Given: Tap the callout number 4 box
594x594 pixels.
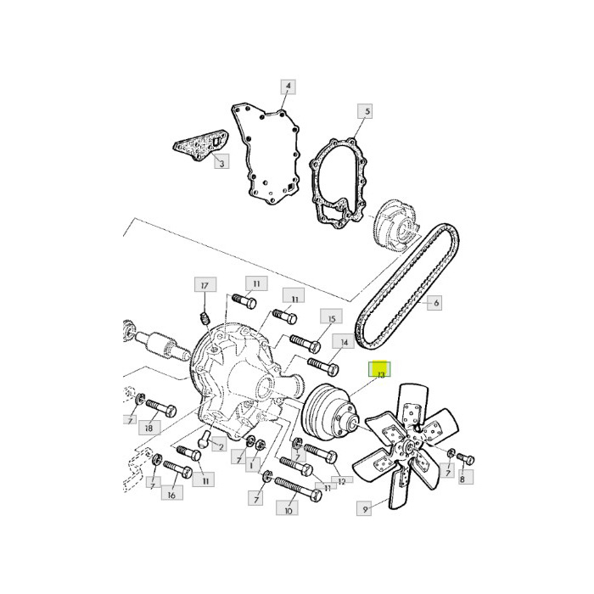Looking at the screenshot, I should click(x=288, y=87).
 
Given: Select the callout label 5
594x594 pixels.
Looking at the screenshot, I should click(x=367, y=111).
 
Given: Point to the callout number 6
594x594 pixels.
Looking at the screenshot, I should click(x=436, y=302).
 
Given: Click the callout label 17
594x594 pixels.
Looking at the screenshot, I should click(x=204, y=286).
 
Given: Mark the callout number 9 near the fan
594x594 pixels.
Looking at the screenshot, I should click(x=366, y=510).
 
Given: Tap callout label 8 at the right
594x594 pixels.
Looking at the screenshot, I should click(x=462, y=479).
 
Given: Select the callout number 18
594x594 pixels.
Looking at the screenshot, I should click(x=150, y=430).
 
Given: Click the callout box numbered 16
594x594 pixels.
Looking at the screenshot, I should click(x=171, y=495).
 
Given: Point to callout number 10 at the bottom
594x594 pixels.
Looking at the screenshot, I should click(x=289, y=511).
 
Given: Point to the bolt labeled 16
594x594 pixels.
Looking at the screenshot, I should click(x=178, y=468).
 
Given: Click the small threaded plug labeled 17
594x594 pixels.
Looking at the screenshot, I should click(x=204, y=318).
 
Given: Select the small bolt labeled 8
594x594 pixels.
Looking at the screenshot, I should click(x=465, y=458).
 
